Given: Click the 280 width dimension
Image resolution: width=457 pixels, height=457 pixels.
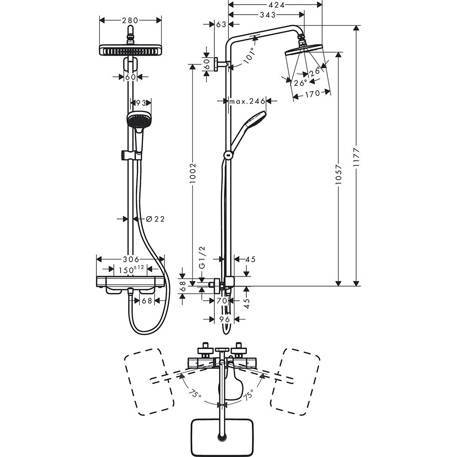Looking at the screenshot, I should click(x=130, y=20).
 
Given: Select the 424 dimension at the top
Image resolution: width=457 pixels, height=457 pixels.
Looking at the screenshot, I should click(x=275, y=5).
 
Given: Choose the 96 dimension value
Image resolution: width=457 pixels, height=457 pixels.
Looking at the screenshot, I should click(x=224, y=319).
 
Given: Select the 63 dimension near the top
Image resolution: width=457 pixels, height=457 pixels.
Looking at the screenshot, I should click(x=221, y=24).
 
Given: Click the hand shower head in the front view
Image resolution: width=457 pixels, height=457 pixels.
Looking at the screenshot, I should click(x=138, y=120).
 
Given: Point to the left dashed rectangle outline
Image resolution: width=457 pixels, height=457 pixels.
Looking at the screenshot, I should click(x=149, y=382).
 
